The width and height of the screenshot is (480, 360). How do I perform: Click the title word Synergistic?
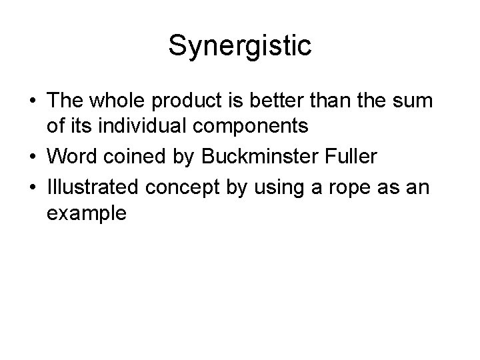click(239, 46)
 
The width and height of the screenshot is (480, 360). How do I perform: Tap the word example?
click(86, 213)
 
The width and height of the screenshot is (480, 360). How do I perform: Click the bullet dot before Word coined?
click(31, 157)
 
